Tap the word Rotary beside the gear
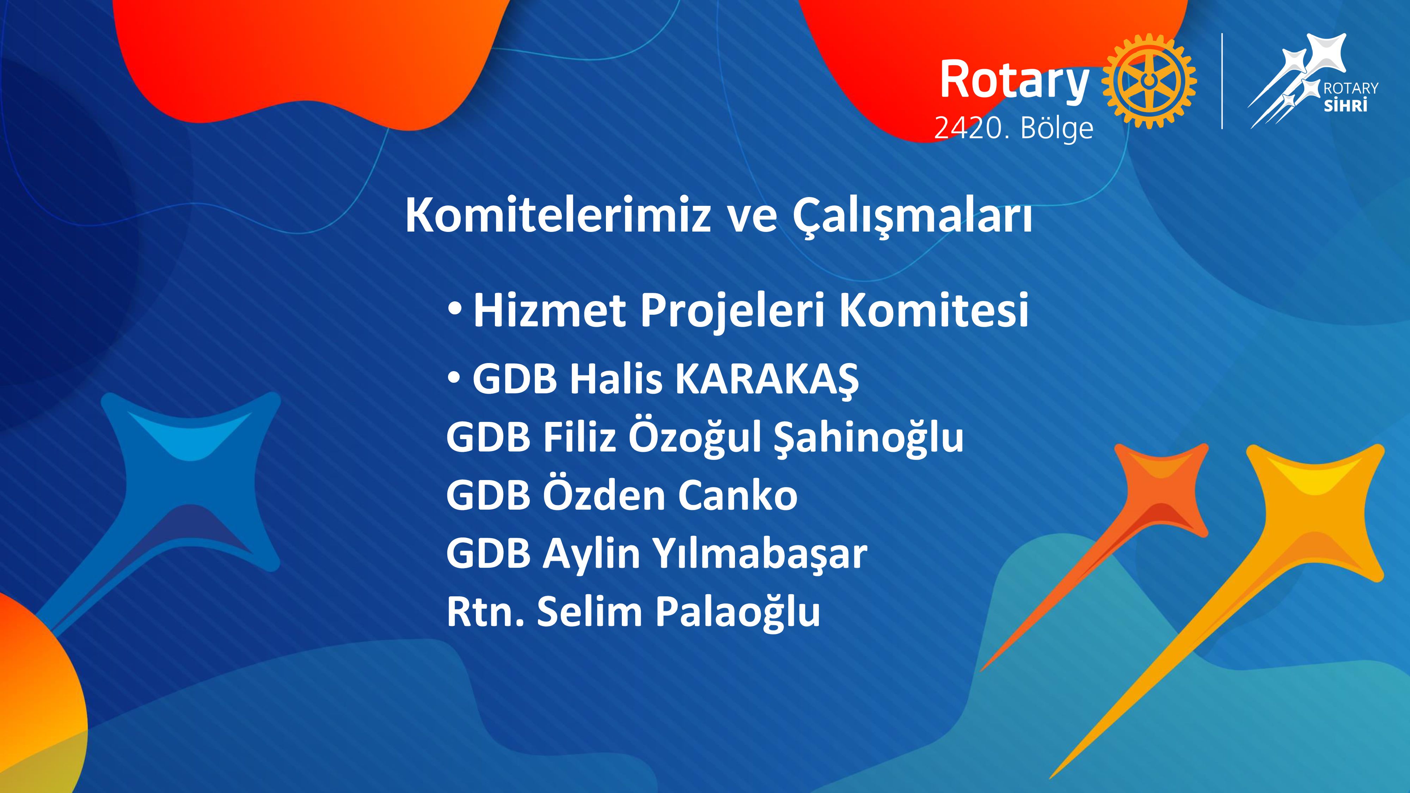coord(1014,81)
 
